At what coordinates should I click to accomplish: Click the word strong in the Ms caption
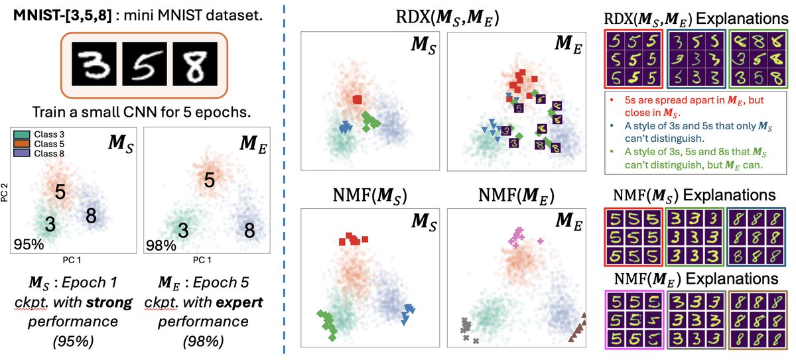tap(116, 302)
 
